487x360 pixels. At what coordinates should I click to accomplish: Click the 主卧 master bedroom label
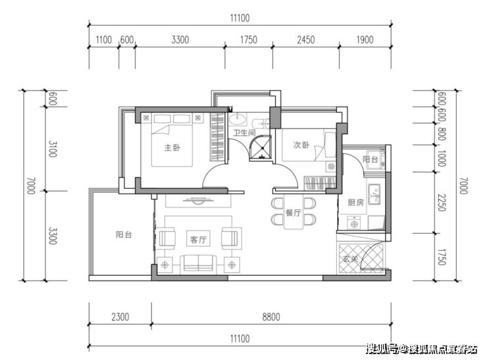[x=172, y=147]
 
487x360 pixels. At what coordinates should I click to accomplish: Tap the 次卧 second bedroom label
[x=301, y=145]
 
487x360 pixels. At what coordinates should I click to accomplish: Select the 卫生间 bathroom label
[x=244, y=133]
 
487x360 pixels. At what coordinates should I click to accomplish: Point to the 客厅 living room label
[x=198, y=240]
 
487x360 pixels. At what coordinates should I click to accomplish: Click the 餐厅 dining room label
[x=294, y=213]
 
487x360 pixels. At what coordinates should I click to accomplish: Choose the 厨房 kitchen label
[x=355, y=203]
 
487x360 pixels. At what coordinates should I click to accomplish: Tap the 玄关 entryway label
[x=351, y=259]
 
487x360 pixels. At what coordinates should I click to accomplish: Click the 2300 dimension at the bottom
[x=120, y=317]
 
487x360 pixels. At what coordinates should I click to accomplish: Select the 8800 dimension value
[x=271, y=317]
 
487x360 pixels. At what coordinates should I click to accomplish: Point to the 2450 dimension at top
[x=306, y=39]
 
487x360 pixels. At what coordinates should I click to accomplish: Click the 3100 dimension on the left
[x=53, y=149]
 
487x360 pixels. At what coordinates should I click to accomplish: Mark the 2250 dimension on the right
[x=442, y=203]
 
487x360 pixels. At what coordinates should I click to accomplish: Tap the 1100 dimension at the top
[x=103, y=39]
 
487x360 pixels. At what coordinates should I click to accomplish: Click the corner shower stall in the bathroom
[x=260, y=148]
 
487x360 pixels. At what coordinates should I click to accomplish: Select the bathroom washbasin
[x=238, y=118]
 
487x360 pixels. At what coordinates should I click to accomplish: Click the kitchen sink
[x=374, y=194]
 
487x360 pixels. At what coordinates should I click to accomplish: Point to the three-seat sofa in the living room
[x=198, y=263]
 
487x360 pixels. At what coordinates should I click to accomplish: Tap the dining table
[x=294, y=212]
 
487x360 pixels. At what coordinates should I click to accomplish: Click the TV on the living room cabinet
[x=198, y=201]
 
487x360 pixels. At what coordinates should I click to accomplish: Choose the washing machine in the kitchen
[x=354, y=222]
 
